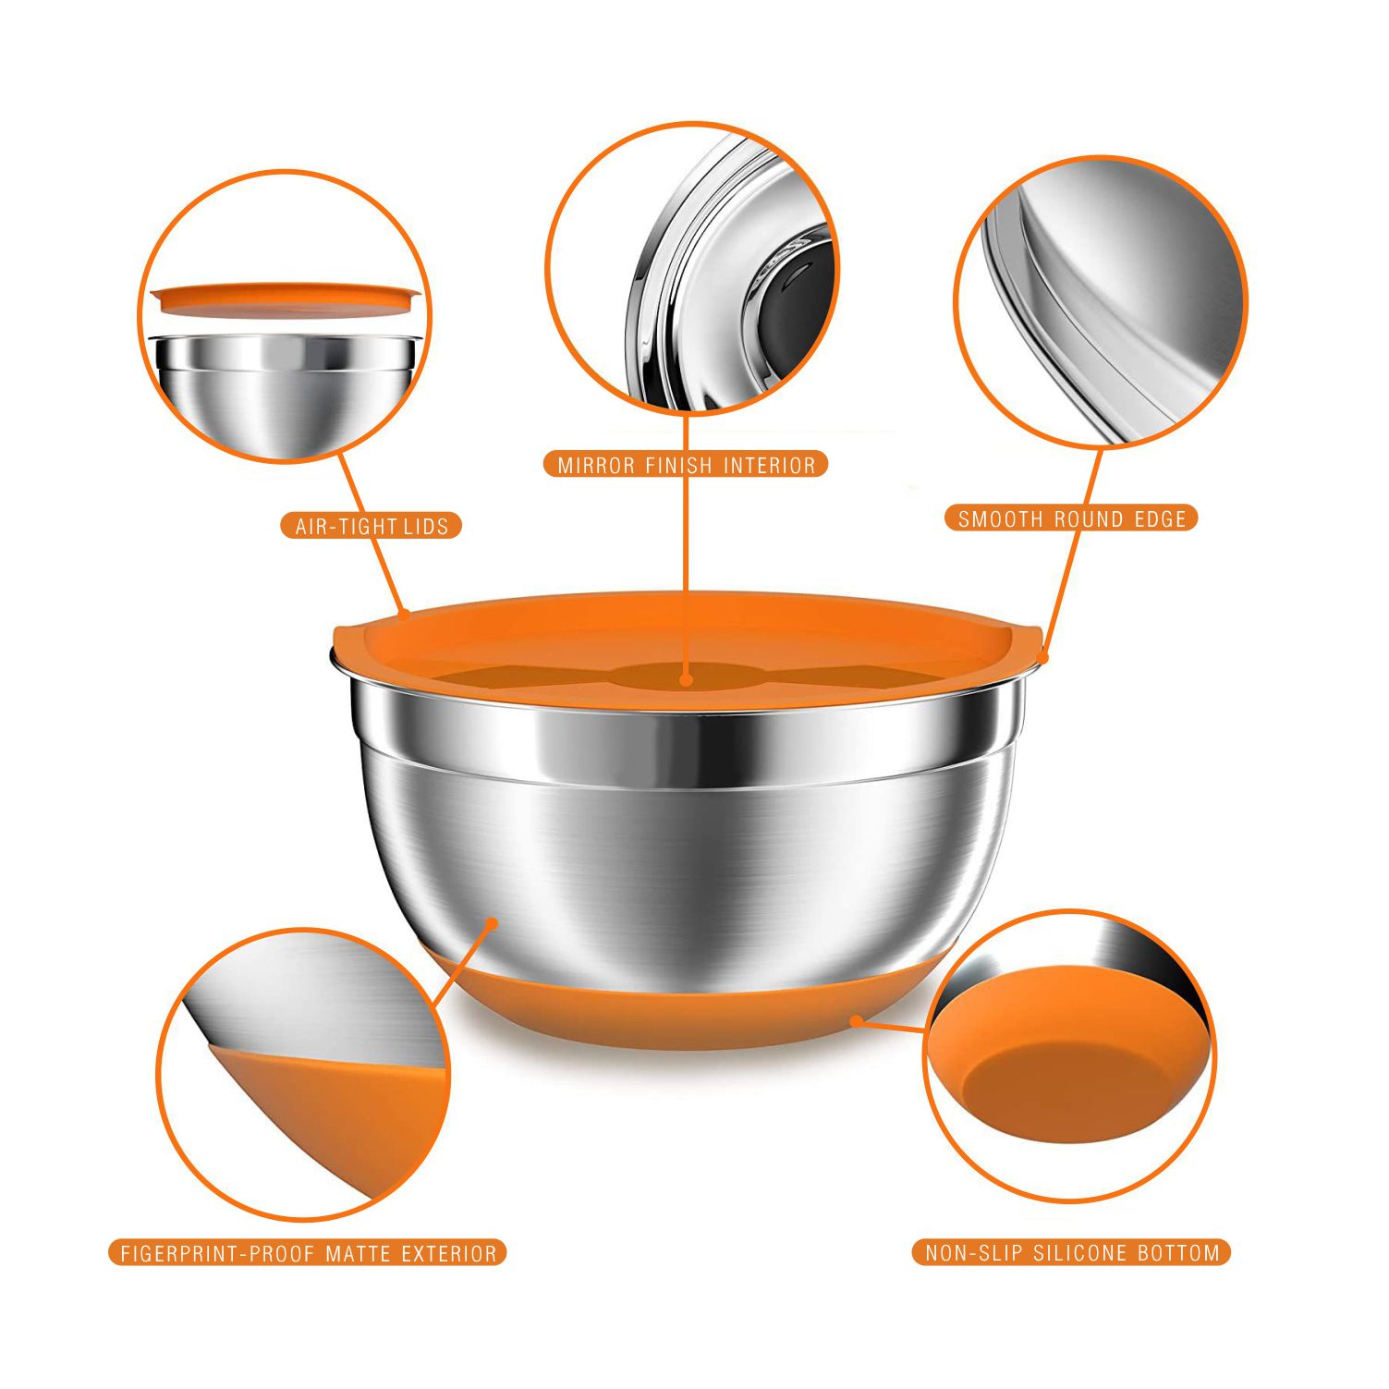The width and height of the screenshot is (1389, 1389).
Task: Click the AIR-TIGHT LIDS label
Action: tap(371, 526)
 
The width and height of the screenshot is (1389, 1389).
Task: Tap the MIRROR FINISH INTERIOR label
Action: tap(686, 464)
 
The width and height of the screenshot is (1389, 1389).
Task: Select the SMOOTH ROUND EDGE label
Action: tap(1071, 518)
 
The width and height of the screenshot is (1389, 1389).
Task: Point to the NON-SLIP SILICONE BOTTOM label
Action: tap(1072, 1252)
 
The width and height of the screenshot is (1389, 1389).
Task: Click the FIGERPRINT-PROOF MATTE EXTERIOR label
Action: tap(309, 1252)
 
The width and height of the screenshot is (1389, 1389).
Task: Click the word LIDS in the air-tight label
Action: tap(426, 526)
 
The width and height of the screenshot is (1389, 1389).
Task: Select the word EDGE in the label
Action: tap(1160, 518)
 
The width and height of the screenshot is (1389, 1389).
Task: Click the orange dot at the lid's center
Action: tap(686, 679)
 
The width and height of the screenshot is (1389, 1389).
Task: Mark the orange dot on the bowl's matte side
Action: tap(493, 922)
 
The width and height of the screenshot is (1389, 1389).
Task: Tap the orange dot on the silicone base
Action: tap(857, 1020)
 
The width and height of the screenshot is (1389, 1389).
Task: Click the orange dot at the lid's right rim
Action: tap(1043, 658)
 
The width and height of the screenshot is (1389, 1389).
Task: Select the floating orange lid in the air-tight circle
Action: tap(286, 297)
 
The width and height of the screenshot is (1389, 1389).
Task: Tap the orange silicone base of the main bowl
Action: tap(684, 1007)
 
